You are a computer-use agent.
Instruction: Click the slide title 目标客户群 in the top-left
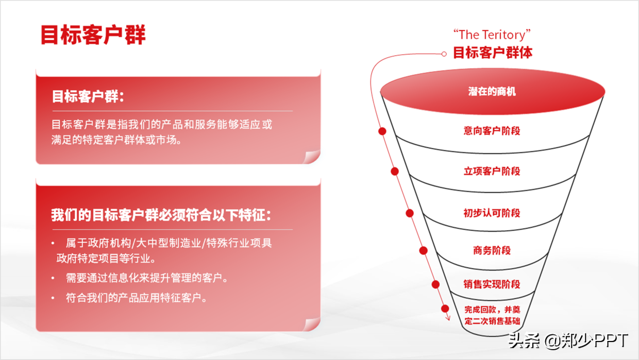[93, 35]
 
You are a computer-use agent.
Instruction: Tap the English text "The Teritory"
[492, 35]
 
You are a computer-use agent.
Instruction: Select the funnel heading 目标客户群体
[492, 53]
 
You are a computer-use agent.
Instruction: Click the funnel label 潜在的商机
[492, 92]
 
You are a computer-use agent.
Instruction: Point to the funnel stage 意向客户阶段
[492, 131]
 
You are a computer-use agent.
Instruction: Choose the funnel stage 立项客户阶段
[492, 172]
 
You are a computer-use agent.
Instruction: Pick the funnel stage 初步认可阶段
[492, 213]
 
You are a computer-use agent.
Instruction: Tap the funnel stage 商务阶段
[492, 251]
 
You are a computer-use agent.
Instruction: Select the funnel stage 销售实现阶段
[492, 284]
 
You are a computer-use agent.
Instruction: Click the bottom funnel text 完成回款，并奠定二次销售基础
[492, 315]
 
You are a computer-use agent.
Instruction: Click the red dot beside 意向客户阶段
[382, 131]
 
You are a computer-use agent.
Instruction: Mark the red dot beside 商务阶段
[423, 251]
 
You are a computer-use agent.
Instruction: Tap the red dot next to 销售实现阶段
[435, 284]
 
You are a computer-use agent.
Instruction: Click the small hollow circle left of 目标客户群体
[444, 54]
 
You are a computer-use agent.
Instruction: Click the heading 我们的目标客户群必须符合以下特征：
[161, 215]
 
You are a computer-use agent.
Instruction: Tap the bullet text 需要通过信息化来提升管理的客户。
[147, 278]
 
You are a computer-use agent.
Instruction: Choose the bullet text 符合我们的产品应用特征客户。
[137, 298]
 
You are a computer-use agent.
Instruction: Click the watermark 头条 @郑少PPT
[568, 340]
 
